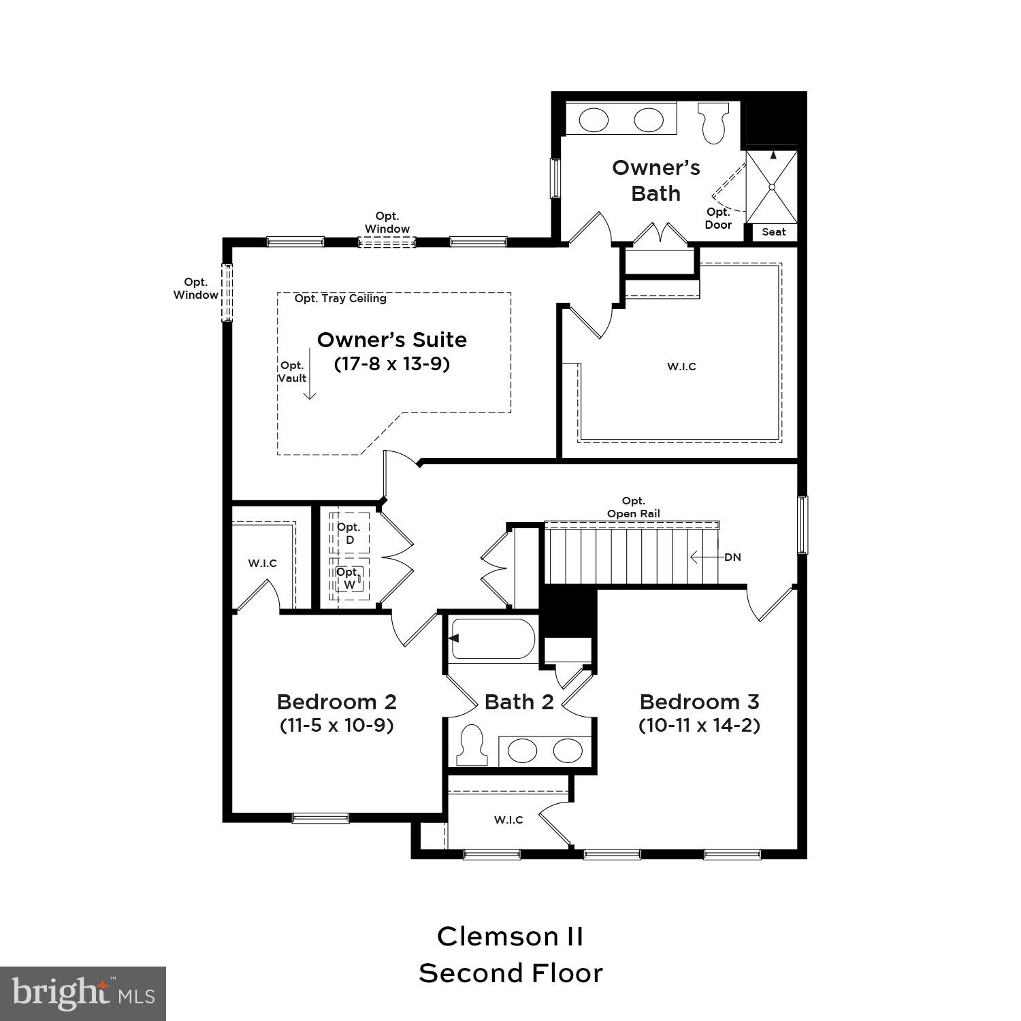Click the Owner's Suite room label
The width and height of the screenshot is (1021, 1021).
click(391, 340)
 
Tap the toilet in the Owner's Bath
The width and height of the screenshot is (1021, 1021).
click(713, 123)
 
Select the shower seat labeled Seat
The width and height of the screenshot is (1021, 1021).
click(773, 232)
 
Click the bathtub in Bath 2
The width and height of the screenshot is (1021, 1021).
click(493, 638)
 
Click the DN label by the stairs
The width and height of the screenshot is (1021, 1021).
click(732, 557)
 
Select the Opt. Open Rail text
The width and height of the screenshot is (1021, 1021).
click(633, 508)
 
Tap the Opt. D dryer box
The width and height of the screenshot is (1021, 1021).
click(350, 534)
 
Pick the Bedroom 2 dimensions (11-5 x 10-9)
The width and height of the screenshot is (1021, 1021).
click(336, 725)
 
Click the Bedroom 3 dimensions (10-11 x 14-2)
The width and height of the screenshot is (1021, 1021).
click(699, 725)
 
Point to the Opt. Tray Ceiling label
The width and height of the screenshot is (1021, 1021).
click(340, 298)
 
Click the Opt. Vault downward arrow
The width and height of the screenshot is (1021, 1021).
click(310, 374)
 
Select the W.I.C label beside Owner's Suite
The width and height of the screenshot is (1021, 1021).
click(681, 367)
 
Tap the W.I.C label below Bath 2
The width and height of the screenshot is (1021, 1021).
click(508, 820)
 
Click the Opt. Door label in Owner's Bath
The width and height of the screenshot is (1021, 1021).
click(718, 218)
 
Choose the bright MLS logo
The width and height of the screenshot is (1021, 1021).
click(83, 993)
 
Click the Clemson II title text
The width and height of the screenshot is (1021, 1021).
click(510, 937)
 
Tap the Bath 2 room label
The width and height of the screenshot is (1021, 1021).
click(519, 702)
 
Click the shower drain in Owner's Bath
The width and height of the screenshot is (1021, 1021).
click(772, 187)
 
